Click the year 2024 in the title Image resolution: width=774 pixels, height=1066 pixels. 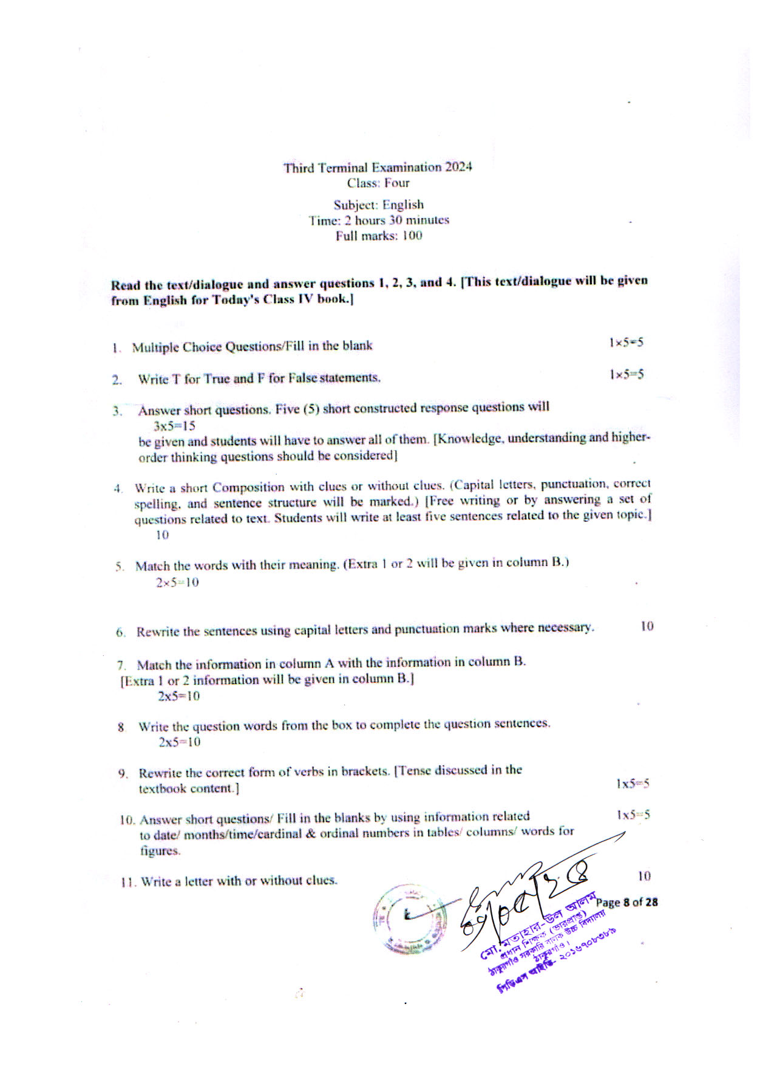(x=458, y=167)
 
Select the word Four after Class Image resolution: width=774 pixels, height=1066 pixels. (x=396, y=183)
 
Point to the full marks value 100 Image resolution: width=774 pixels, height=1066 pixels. (x=412, y=236)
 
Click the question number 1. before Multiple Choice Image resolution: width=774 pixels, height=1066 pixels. (x=116, y=348)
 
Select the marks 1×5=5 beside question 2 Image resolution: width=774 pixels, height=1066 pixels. (x=626, y=374)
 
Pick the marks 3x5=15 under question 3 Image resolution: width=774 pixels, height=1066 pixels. (x=174, y=426)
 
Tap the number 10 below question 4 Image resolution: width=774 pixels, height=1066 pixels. (x=162, y=535)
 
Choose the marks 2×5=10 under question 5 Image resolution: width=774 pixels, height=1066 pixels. (x=177, y=583)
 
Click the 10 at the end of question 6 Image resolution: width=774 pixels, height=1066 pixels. (x=647, y=626)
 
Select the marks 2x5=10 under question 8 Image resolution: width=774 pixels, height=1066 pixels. (x=179, y=742)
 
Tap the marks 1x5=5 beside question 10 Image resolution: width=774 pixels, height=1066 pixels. (x=633, y=815)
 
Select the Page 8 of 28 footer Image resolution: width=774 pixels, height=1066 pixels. (x=626, y=903)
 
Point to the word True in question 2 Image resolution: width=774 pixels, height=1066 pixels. (x=216, y=379)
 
